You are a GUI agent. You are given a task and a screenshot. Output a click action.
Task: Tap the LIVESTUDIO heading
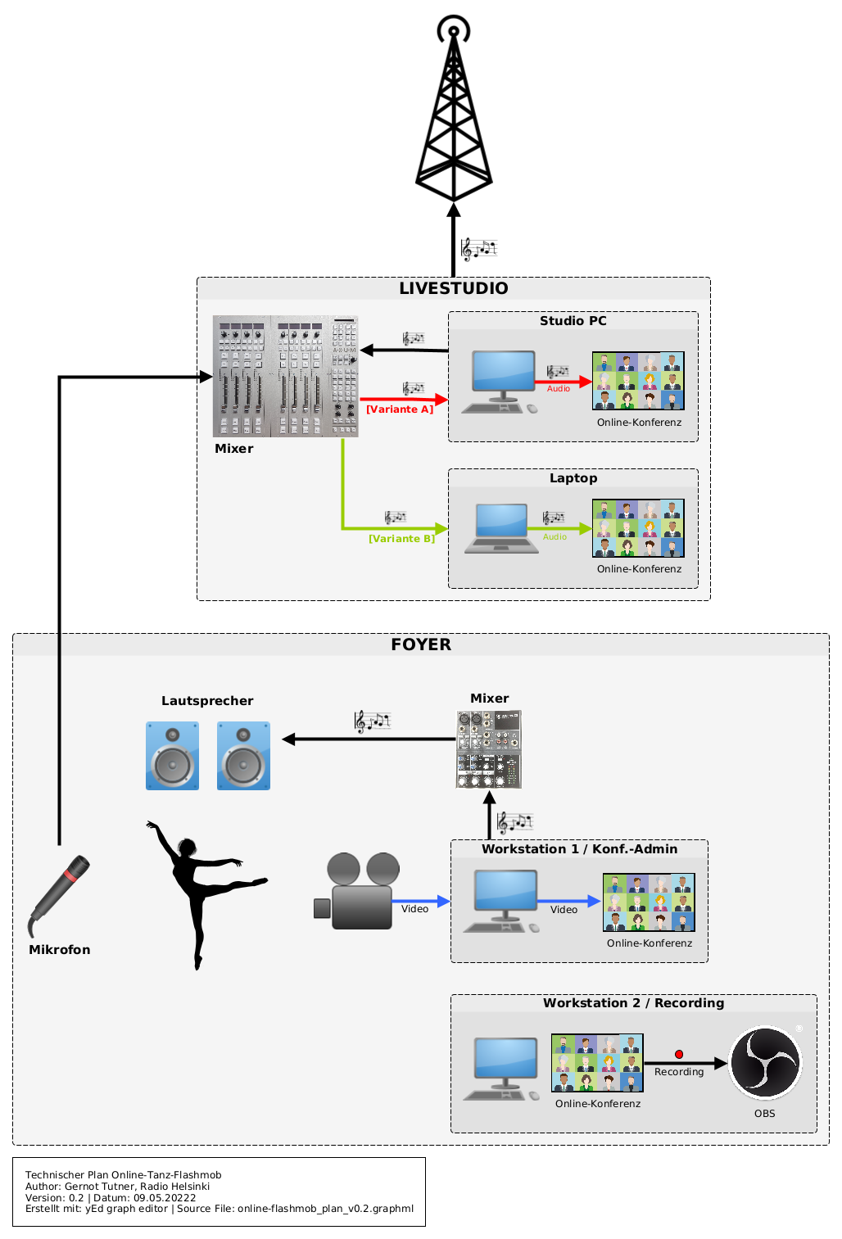pos(453,288)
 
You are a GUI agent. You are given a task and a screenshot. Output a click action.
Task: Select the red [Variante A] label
pos(400,409)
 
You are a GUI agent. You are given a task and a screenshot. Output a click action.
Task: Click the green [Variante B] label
pos(401,539)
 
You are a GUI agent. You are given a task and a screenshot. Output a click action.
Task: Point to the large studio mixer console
pos(285,376)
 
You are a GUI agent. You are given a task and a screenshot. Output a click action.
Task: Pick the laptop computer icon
pos(502,528)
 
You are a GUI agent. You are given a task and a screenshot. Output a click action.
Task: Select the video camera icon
pos(357,892)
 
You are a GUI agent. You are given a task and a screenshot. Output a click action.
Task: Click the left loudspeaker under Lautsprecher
pos(172,756)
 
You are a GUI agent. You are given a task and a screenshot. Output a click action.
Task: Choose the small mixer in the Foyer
pos(488,749)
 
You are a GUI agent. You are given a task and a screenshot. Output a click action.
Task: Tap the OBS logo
pos(765,1062)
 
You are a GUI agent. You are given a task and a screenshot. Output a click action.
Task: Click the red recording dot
pos(679,1054)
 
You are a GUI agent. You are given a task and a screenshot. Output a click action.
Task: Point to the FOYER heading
pos(421,644)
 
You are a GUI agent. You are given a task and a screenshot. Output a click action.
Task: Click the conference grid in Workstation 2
pos(597,1063)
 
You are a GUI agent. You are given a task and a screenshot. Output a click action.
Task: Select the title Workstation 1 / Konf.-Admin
pos(579,849)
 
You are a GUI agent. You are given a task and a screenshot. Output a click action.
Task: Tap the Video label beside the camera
pos(414,909)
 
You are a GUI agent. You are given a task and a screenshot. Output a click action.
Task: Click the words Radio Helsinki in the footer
pos(174,1187)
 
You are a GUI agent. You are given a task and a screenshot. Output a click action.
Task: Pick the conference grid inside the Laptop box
pos(638,528)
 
